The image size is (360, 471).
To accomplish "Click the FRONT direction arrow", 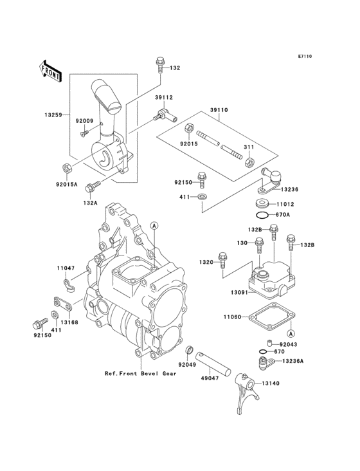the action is coord(50,71).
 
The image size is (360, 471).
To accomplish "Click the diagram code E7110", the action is coord(305,56).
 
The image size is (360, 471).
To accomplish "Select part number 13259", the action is coord(53,115).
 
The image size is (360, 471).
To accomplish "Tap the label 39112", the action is coord(164,98).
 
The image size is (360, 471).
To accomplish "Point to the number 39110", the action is coord(219,110).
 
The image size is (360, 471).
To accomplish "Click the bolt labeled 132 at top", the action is coord(160,65).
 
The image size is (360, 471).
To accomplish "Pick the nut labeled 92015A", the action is coord(67,168).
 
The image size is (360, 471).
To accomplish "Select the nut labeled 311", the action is coord(249,163).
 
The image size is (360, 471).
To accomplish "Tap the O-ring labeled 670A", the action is coord(262,215).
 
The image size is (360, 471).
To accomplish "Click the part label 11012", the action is coord(285,204).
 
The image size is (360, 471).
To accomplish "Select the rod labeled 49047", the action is coord(213,364).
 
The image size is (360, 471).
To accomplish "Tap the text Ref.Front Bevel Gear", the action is coord(141,374).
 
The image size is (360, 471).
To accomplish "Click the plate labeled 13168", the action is coord(63,304).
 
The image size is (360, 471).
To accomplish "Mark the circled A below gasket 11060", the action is coord(291,333).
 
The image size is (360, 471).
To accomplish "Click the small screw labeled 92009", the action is coord(84,133).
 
